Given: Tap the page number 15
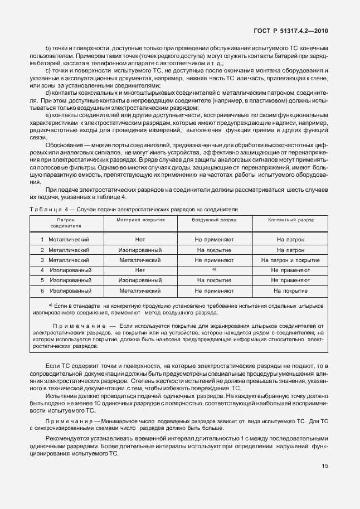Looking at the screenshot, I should point(324,467).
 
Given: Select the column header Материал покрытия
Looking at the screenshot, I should point(140,220).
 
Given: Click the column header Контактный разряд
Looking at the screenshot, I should point(290,220).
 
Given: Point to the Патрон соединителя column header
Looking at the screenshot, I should point(66,223).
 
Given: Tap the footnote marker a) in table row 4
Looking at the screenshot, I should point(214,269).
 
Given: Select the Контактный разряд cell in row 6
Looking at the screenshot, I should point(290,290).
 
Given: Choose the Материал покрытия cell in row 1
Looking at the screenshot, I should point(140,239).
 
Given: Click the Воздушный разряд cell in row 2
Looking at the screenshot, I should point(214,250).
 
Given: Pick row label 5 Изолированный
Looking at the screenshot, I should point(66,280).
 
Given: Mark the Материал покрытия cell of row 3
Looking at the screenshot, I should point(140,260).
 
